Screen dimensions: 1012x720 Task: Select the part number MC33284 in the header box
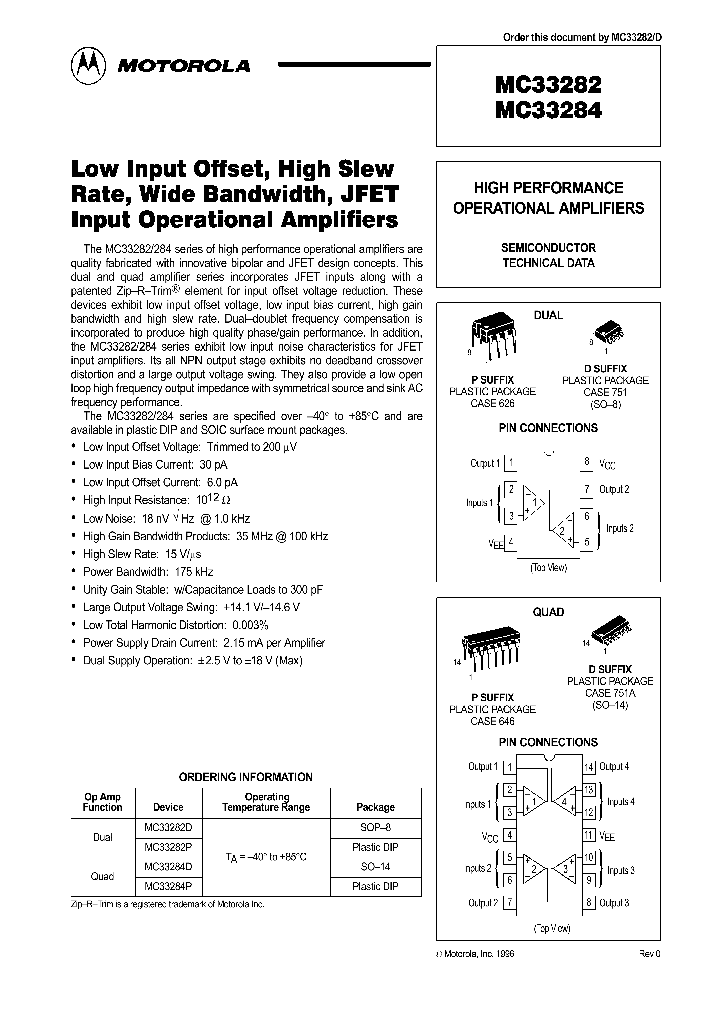click(x=548, y=111)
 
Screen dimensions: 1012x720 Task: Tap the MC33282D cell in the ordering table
click(x=168, y=827)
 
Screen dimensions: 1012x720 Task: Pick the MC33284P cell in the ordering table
click(x=168, y=885)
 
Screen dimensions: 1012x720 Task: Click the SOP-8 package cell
click(x=375, y=827)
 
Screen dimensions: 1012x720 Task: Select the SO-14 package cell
click(x=375, y=866)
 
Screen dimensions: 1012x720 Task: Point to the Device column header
click(x=168, y=807)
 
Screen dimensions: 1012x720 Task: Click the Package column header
click(x=375, y=807)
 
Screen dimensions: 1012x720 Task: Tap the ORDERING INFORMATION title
click(x=245, y=777)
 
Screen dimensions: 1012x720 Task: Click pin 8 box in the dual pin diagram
click(x=587, y=462)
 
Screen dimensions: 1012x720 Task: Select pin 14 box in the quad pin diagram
click(x=589, y=767)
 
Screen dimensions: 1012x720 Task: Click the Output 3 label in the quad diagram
click(x=613, y=903)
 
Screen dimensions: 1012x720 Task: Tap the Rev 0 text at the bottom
click(x=649, y=955)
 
